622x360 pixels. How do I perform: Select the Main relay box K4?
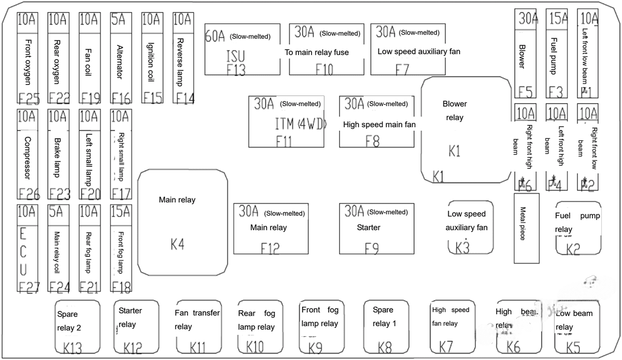(183, 222)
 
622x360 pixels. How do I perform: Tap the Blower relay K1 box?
(465, 129)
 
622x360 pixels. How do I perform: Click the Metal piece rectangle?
(526, 228)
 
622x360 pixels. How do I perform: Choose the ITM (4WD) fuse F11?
(287, 121)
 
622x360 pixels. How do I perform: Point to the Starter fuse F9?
(377, 228)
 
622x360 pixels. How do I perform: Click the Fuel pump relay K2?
(577, 228)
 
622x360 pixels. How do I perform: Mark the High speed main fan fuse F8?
(377, 121)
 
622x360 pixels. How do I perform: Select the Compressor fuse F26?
(27, 154)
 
